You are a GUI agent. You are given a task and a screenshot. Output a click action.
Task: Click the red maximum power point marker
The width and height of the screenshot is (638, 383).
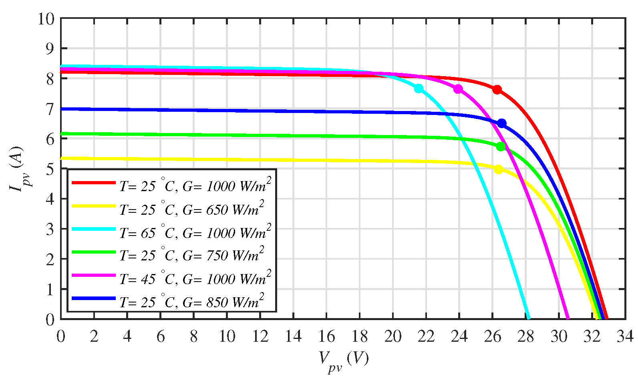(x=497, y=89)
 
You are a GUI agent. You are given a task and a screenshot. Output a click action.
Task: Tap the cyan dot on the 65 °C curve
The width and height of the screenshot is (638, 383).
(x=419, y=89)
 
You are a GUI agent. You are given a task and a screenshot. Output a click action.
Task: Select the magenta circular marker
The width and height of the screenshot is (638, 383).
(x=458, y=89)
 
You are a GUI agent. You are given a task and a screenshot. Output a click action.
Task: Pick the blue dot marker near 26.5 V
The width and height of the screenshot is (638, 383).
(x=501, y=123)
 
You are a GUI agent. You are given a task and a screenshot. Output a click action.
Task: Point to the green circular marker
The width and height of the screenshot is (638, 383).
(x=501, y=147)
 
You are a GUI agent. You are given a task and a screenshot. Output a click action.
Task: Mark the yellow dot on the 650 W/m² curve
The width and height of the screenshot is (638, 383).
(x=499, y=169)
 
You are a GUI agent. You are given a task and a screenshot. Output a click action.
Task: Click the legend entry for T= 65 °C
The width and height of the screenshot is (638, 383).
(x=195, y=233)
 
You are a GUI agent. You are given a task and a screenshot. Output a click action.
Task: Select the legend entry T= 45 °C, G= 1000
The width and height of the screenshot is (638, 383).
(x=195, y=279)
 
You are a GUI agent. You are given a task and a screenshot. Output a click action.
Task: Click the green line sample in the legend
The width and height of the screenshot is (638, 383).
(x=94, y=252)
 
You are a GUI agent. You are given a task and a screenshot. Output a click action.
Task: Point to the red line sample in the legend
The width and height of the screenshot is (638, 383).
(x=94, y=183)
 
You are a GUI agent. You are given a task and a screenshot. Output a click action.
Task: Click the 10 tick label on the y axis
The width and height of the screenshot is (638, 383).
(x=46, y=18)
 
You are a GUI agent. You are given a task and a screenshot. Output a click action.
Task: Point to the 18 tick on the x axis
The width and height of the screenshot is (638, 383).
(x=360, y=337)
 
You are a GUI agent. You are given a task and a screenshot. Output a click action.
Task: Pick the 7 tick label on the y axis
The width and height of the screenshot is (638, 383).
(x=50, y=109)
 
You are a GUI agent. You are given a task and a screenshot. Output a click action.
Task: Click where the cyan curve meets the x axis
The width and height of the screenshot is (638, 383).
(x=529, y=318)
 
